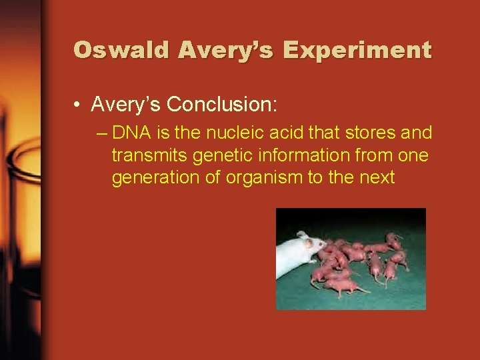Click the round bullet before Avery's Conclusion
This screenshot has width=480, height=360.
click(79, 105)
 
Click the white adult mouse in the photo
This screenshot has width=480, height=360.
click(297, 254)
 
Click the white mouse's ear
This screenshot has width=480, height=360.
click(302, 235)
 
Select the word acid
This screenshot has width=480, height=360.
click(278, 133)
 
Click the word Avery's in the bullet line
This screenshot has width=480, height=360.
click(125, 105)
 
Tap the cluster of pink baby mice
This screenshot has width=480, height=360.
click(360, 260)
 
